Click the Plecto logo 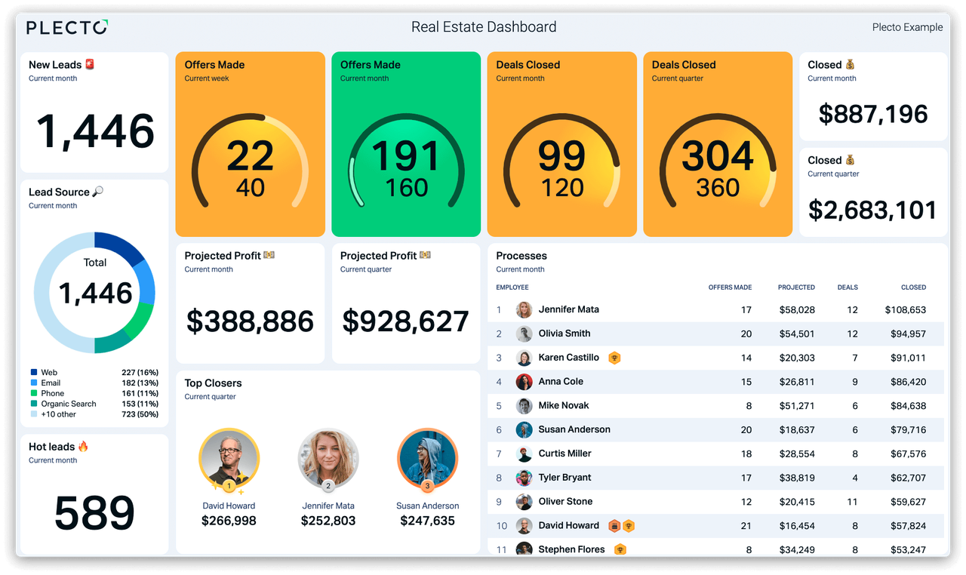pos(66,27)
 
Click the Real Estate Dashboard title pos(484,27)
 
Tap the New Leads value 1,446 pos(95,131)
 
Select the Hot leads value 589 pos(94,513)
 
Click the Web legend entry pos(49,372)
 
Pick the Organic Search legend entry pos(68,404)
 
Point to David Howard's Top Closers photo pos(229,458)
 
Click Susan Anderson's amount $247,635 pos(427,521)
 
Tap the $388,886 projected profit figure pos(250,321)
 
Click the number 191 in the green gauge pos(405,157)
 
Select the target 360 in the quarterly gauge pos(718,188)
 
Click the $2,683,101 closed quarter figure pos(872,210)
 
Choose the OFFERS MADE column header pos(730,287)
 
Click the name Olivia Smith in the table pos(565,334)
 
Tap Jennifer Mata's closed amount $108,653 pos(905,310)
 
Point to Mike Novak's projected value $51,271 pos(797,406)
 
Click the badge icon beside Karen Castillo pos(614,358)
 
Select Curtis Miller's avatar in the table pos(524,454)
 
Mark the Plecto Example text pos(907,27)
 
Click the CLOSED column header pos(913,287)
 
